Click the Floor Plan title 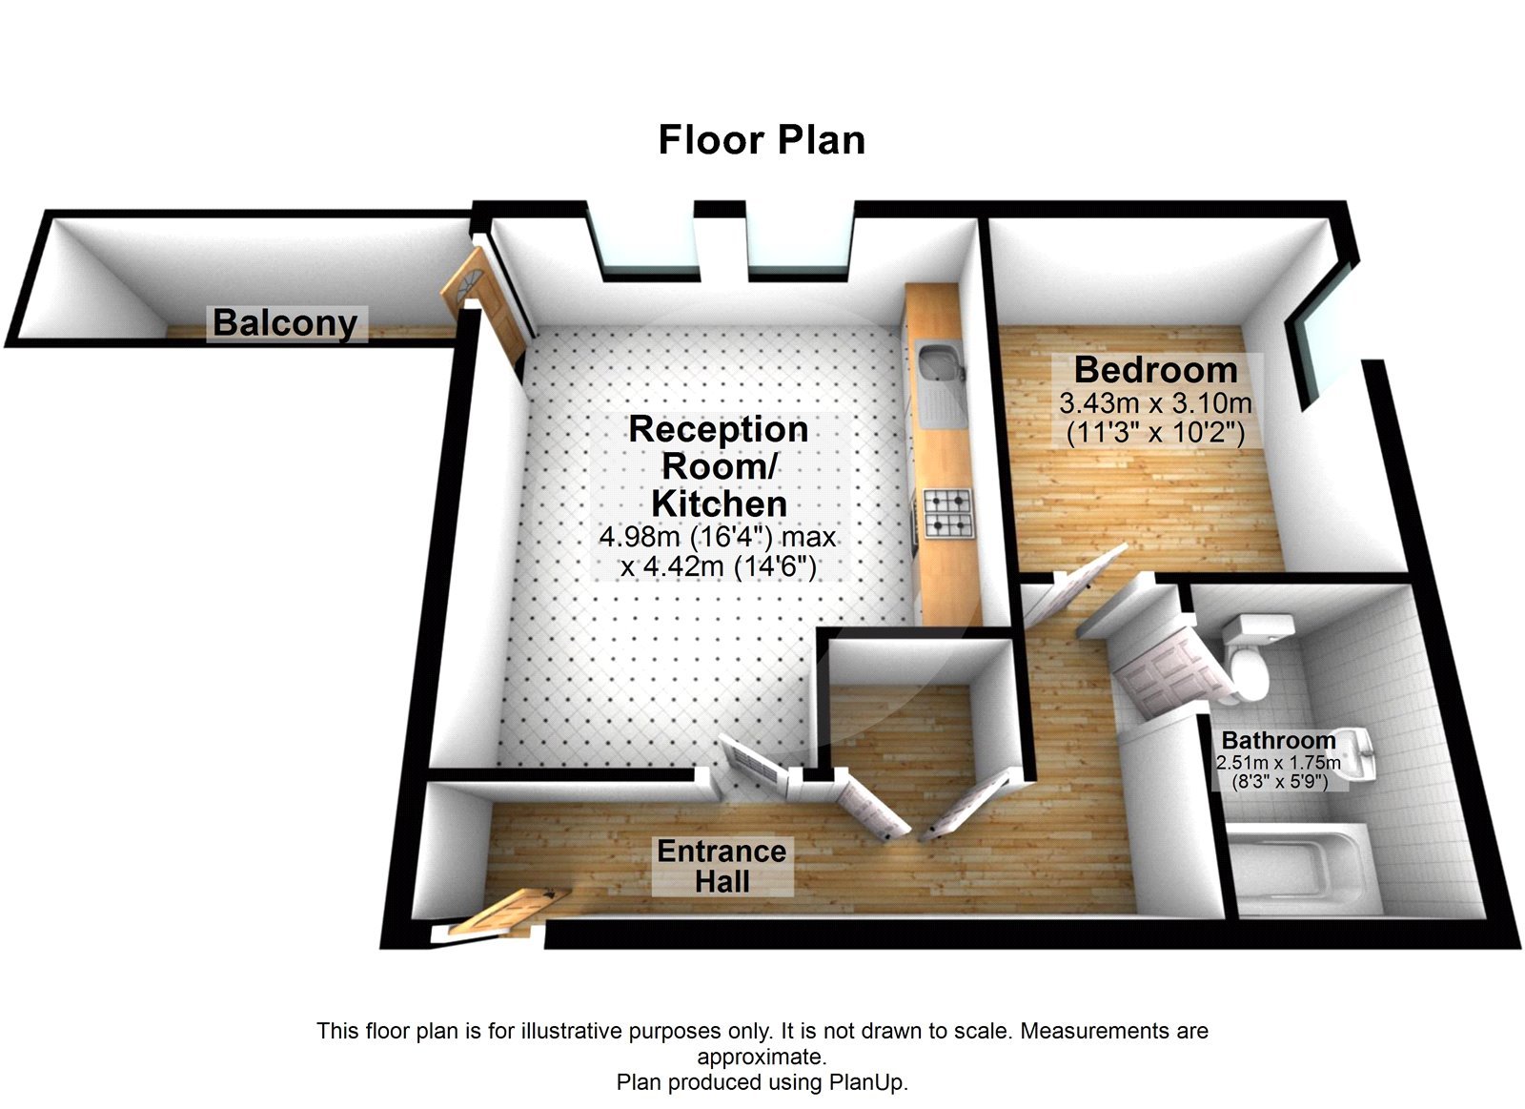pos(762,140)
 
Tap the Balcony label pos(285,322)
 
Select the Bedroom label pos(1155,369)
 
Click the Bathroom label pos(1278,740)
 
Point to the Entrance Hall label pos(722,866)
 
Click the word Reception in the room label pos(718,429)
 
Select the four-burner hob pos(947,513)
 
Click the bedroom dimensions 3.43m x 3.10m pos(1155,403)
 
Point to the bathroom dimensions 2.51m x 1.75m pos(1278,763)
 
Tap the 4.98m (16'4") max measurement pos(718,537)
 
